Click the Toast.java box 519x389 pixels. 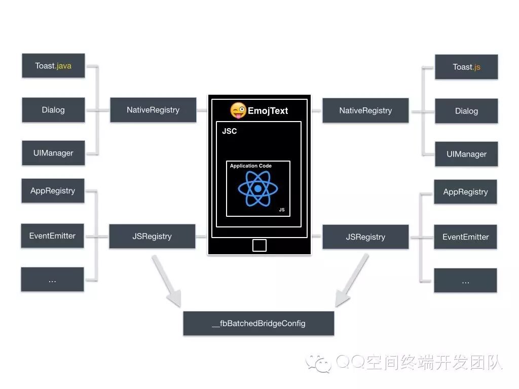coord(53,66)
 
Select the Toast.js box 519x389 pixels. coord(466,67)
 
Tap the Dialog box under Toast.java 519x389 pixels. coord(53,110)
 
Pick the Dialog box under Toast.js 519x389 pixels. coord(466,111)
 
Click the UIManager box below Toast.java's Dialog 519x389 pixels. coord(53,153)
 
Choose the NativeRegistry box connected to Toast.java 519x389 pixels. coord(153,110)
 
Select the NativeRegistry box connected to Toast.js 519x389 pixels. coord(365,110)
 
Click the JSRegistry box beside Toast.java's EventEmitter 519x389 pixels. coord(152,236)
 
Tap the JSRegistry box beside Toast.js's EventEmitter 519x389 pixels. coord(365,237)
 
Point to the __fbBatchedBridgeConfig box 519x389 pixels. coord(258,323)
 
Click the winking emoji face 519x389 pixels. coord(238,110)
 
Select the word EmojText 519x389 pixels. coord(268,111)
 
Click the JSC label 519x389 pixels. coord(230,131)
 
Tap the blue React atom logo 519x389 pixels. coord(257,188)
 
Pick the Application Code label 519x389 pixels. coord(251,166)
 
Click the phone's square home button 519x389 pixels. coord(259,245)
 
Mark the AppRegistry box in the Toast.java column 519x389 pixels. coord(53,191)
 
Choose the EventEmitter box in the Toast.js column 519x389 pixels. coord(465,237)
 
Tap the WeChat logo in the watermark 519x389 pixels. coord(318,363)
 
